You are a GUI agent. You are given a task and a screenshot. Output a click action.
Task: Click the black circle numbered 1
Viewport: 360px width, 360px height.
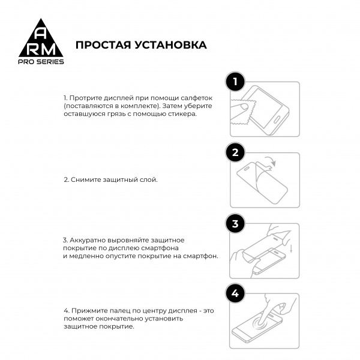[x=236, y=82]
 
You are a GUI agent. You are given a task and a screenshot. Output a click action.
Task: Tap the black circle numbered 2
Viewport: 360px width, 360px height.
[x=236, y=152]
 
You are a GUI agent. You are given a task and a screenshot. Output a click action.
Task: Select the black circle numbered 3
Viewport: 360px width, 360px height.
[x=236, y=224]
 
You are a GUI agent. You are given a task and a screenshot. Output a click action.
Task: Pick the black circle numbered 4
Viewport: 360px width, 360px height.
[x=236, y=294]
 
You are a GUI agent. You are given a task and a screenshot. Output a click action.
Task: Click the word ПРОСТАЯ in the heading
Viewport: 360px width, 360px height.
[x=103, y=45]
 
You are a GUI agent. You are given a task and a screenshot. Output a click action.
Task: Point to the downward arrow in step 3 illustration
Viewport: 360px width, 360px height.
[x=291, y=248]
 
